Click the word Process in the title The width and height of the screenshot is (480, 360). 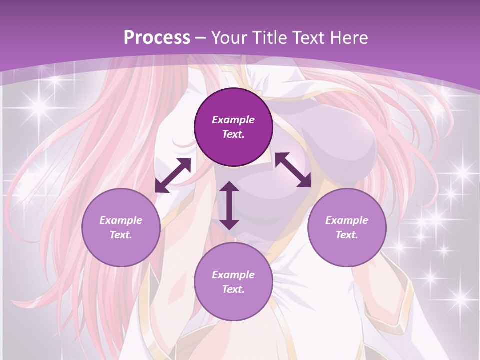[x=157, y=38]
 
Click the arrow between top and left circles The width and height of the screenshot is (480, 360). [x=173, y=175]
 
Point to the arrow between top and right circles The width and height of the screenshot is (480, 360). [x=293, y=170]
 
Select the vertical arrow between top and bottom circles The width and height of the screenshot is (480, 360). [x=229, y=205]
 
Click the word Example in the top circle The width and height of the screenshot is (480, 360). [x=233, y=120]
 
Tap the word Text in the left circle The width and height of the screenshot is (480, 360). [x=121, y=235]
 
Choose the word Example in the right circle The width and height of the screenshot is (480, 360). [x=347, y=220]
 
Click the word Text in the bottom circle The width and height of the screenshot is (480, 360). [x=233, y=289]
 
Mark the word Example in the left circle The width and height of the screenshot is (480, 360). [x=121, y=220]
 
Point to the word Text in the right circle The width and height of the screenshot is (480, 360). [x=347, y=235]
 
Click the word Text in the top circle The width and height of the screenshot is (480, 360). [x=233, y=134]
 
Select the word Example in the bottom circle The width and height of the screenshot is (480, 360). [x=233, y=275]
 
